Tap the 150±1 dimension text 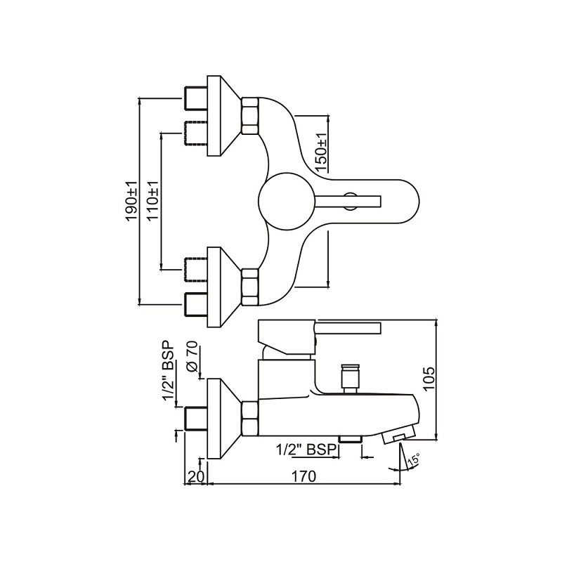[320, 152]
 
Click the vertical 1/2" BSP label [168, 373]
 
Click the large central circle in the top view [285, 201]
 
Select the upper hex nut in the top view [251, 115]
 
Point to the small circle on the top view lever [349, 201]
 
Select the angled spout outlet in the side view [397, 437]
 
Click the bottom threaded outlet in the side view [349, 439]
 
